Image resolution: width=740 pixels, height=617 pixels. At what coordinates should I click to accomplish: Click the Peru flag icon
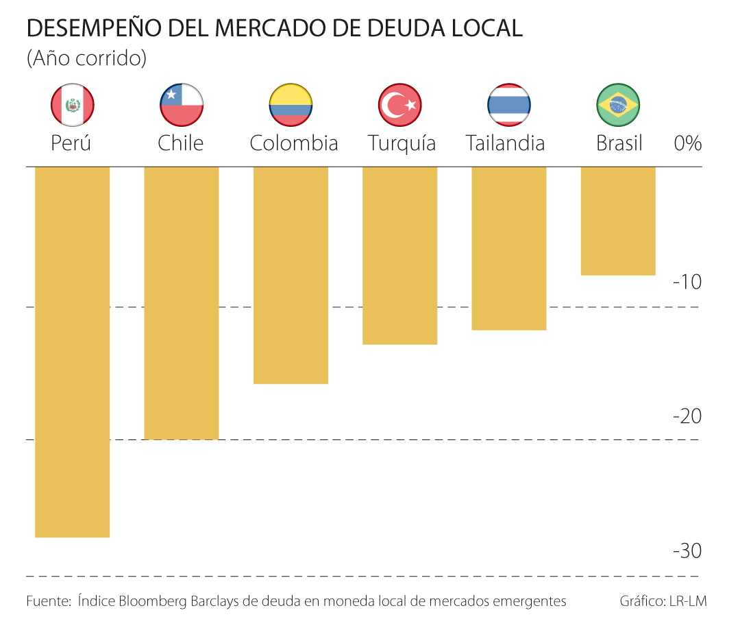(72, 105)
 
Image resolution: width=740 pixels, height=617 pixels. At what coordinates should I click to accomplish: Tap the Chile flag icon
(182, 105)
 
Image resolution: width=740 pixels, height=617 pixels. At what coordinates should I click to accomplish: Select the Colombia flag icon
(291, 105)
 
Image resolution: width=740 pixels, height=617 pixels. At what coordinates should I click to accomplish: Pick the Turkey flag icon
(399, 105)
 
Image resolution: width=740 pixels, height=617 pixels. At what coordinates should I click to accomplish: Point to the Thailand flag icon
(509, 105)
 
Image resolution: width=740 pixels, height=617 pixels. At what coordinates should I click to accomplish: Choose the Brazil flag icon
(618, 105)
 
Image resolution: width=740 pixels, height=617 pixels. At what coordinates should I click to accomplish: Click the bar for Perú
(72, 352)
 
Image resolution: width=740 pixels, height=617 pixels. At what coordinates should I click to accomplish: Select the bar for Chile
(182, 302)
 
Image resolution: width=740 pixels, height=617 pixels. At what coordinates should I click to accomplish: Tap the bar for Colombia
(291, 275)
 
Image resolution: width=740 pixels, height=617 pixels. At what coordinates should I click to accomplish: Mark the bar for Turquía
(399, 255)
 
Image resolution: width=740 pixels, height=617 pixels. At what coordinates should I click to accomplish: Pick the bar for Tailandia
(509, 248)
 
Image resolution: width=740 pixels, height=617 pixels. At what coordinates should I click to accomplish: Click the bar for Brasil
(618, 221)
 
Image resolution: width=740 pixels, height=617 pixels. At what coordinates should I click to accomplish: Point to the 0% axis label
(688, 143)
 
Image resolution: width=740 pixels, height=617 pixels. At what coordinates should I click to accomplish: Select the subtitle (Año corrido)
(86, 58)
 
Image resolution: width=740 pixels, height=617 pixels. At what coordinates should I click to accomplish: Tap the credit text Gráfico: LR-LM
(663, 601)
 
